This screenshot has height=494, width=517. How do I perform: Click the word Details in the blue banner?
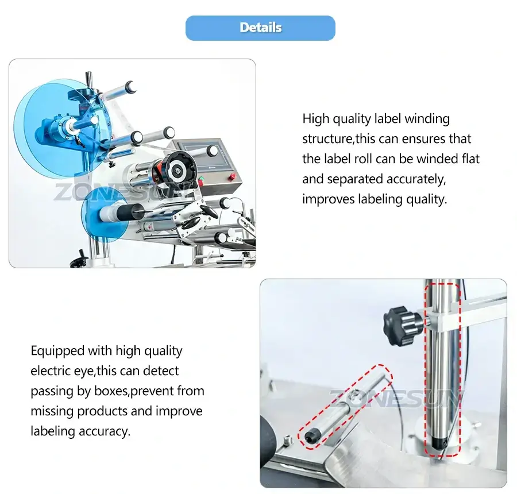click(x=260, y=28)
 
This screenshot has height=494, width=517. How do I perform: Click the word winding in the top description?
click(x=427, y=119)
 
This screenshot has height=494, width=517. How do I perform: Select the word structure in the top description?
click(x=327, y=139)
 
